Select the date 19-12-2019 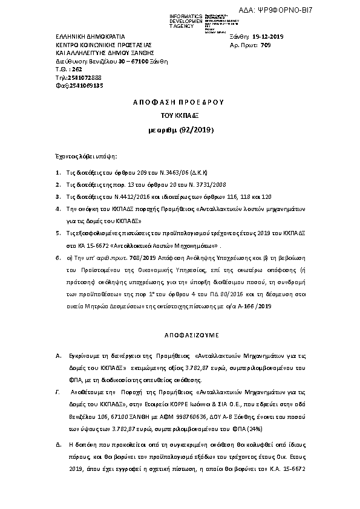pyautogui.click(x=268, y=37)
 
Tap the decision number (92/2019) pyautogui.click(x=194, y=129)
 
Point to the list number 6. pyautogui.click(x=58, y=258)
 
